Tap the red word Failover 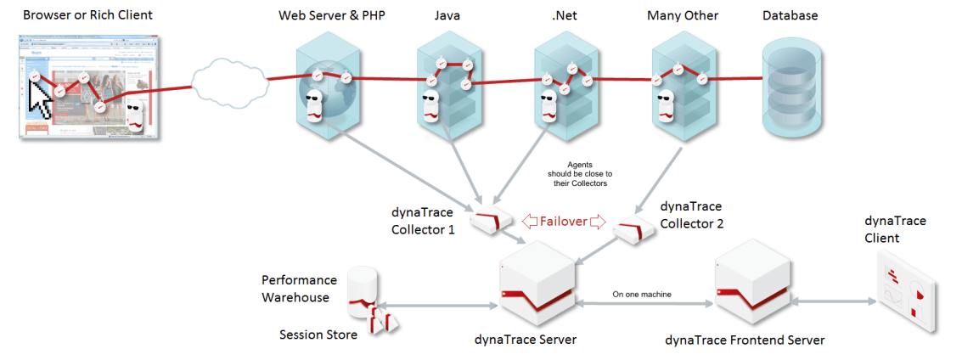point(564,222)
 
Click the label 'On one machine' point(642,295)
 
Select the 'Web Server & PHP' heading point(332,16)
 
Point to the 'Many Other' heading point(682,16)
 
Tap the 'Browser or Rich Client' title point(88,15)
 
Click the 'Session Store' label point(318,335)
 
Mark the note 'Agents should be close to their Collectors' point(580,173)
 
